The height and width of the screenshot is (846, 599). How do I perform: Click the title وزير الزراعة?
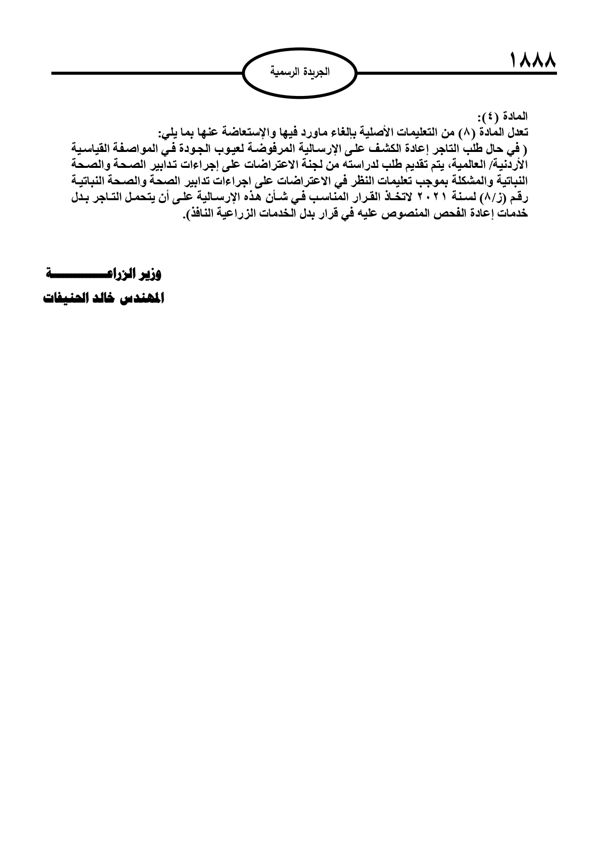click(x=105, y=275)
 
